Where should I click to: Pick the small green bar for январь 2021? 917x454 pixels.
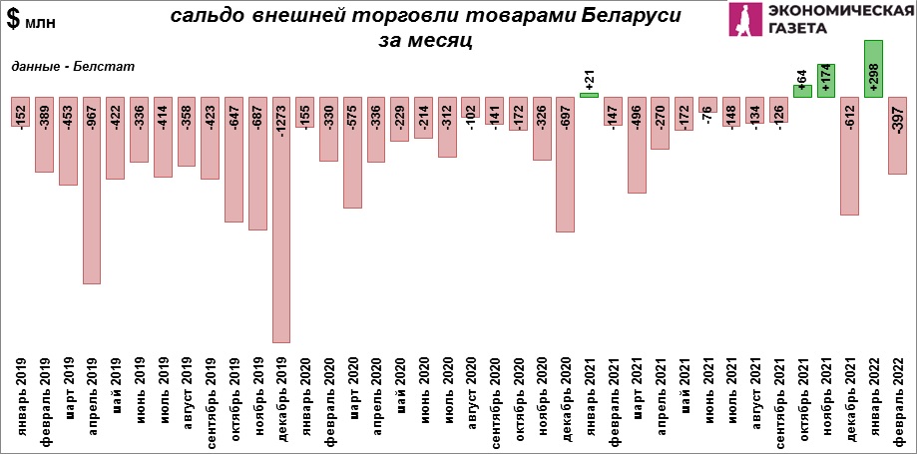pyautogui.click(x=589, y=95)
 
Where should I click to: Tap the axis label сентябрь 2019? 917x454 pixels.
pyautogui.click(x=211, y=397)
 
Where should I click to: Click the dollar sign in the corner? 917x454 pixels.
pyautogui.click(x=13, y=19)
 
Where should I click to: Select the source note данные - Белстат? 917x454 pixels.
pyautogui.click(x=73, y=66)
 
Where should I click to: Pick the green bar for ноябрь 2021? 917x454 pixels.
pyautogui.click(x=825, y=80)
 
